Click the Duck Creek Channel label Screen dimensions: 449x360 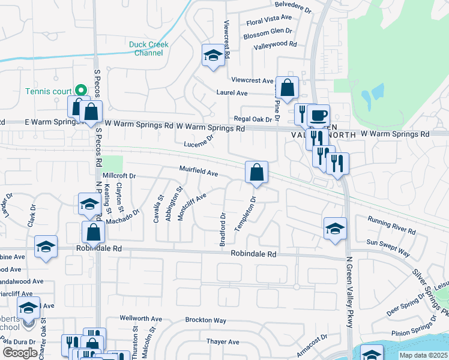coord(149,49)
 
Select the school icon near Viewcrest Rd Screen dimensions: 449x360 coord(212,56)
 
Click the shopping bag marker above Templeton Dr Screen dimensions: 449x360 coord(256,172)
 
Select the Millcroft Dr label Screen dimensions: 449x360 coord(120,176)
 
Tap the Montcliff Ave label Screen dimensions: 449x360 coord(192,203)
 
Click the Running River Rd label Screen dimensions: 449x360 coord(391,226)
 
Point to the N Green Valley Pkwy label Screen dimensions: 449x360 coord(349,287)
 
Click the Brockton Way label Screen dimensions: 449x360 coord(205,320)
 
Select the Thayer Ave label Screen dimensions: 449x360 coord(223,342)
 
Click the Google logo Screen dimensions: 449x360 coord(20,353)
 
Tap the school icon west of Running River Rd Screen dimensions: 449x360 coord(335,228)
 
